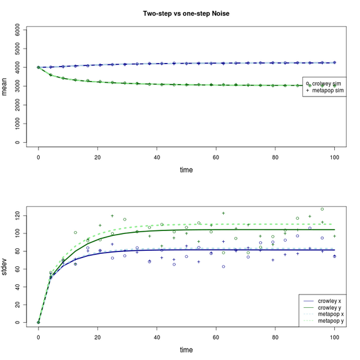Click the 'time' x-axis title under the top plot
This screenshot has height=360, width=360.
click(x=186, y=170)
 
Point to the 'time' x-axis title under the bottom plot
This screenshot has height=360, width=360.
click(x=186, y=349)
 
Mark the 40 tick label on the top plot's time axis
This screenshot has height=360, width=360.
click(x=157, y=157)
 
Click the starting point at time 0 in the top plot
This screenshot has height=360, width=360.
click(x=38, y=67)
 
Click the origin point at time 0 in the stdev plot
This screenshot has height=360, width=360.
click(x=38, y=322)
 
